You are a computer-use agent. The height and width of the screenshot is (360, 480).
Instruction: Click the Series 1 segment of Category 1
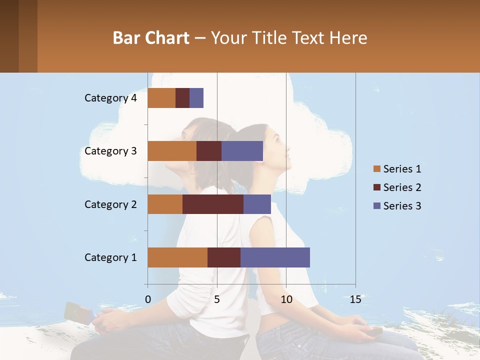(177, 257)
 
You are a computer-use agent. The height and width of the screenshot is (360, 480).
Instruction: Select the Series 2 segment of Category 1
(224, 257)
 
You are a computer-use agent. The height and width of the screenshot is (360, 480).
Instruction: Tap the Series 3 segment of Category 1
(275, 257)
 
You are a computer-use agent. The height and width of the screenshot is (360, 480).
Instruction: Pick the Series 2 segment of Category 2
(213, 204)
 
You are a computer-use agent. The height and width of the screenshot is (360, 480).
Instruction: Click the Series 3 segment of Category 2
(257, 204)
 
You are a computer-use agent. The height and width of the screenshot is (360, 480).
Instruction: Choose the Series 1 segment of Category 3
(172, 151)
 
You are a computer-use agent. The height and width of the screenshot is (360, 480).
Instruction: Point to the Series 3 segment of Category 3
(242, 151)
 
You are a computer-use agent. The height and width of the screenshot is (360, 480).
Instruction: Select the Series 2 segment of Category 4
(182, 98)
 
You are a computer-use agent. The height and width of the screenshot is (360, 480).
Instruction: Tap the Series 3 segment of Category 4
(196, 98)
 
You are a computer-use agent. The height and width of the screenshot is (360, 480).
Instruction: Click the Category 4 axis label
(110, 98)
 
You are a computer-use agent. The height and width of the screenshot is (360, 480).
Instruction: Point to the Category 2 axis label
(110, 204)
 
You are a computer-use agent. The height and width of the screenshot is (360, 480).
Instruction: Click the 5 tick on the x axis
(217, 299)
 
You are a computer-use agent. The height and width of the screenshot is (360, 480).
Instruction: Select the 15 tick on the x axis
(355, 299)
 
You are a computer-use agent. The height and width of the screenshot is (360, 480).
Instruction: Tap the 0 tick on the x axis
(148, 299)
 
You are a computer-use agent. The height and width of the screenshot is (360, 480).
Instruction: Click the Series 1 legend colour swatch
(376, 169)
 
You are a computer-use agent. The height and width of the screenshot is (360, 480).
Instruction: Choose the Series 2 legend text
(402, 187)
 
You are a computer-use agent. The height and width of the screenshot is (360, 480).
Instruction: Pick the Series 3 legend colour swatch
(376, 206)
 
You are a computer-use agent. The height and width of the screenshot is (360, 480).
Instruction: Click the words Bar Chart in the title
(151, 38)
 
